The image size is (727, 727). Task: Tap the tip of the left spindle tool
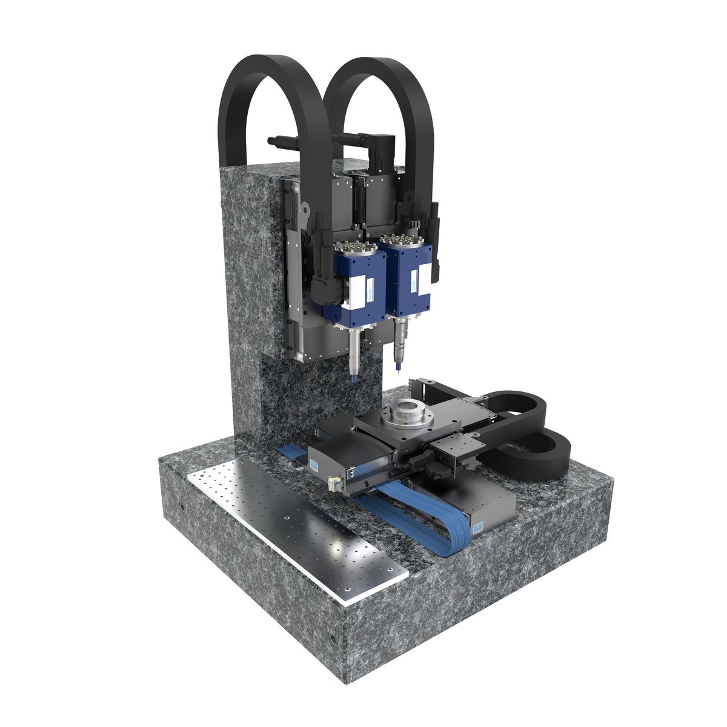(353, 380)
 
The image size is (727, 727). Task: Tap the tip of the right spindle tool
(398, 369)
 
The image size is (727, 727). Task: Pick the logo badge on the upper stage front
(314, 462)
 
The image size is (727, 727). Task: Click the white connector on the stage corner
(334, 483)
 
